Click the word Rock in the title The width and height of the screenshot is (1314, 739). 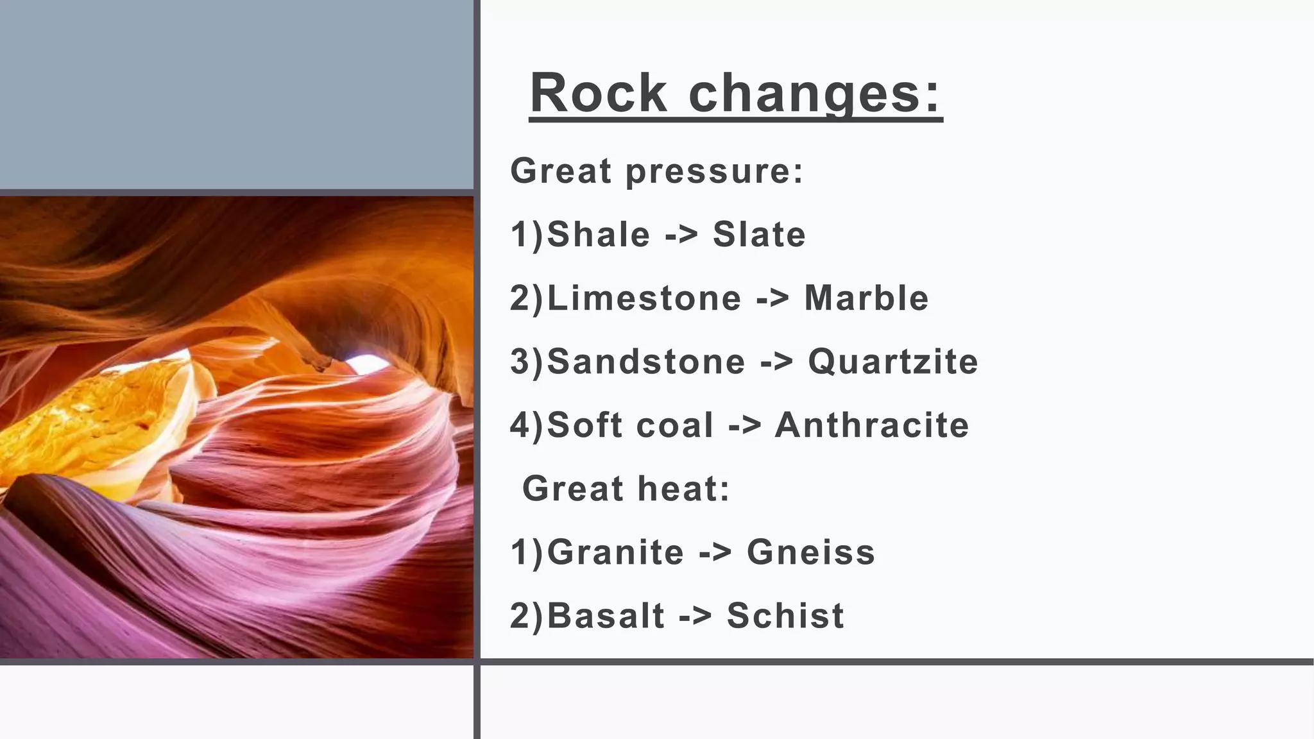(599, 94)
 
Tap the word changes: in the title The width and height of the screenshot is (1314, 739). (814, 94)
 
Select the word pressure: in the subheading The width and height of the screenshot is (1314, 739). (714, 171)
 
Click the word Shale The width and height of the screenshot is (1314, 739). (599, 234)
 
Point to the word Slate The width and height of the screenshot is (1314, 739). (759, 234)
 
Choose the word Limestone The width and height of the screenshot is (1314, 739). (644, 298)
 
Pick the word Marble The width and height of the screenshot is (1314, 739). (866, 298)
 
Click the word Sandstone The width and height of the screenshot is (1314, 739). (646, 361)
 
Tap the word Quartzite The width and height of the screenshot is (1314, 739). (893, 361)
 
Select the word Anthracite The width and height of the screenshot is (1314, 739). (872, 425)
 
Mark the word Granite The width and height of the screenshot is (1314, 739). (616, 552)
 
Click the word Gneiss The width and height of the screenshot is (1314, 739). (811, 552)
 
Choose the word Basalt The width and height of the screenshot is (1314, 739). (606, 616)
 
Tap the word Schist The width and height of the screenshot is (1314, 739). (785, 616)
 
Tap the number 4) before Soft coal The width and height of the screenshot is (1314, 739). (526, 425)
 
